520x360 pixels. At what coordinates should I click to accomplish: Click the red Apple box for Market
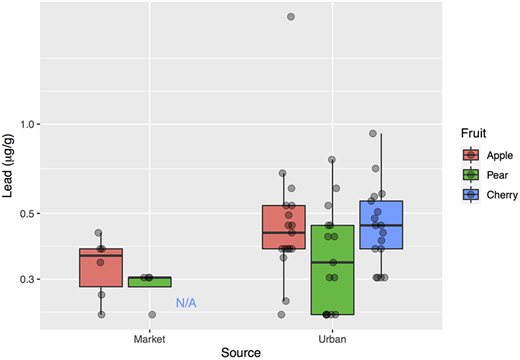(x=100, y=268)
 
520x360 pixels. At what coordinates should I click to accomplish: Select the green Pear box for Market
(x=150, y=282)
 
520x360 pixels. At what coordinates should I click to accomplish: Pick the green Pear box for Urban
(x=332, y=270)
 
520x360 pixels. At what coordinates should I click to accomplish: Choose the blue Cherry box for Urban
(x=380, y=225)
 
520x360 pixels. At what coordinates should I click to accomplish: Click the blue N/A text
(x=187, y=302)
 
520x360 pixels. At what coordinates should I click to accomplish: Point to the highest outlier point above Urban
(x=291, y=17)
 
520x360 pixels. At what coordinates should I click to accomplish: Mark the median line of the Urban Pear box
(x=332, y=262)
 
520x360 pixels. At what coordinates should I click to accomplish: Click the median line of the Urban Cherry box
(x=380, y=225)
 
